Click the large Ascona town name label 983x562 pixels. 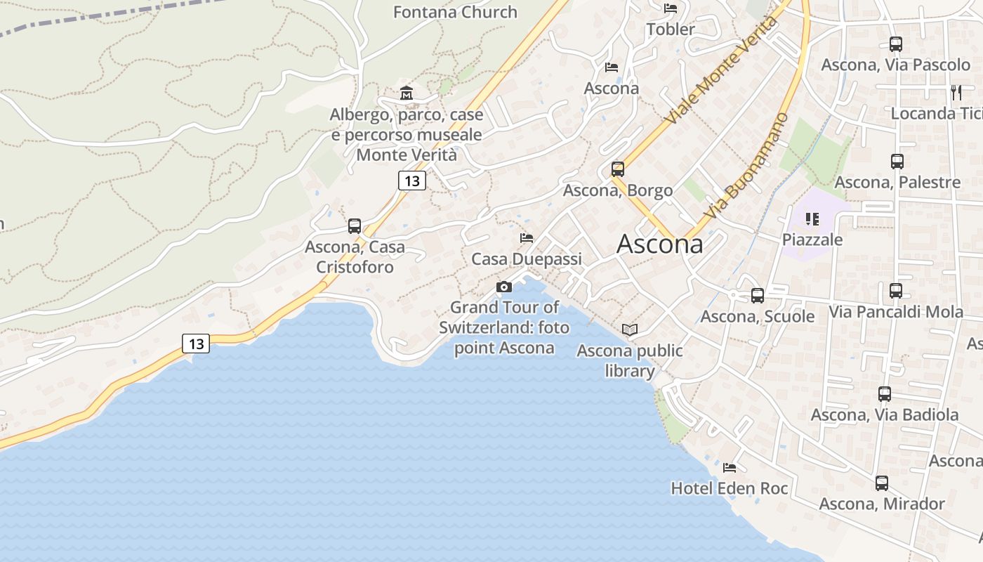point(659,244)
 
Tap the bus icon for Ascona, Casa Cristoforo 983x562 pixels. point(355,226)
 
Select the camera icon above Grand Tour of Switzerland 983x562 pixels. point(503,287)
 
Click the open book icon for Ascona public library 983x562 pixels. point(630,329)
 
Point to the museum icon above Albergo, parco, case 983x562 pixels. point(406,93)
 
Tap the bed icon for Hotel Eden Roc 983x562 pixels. point(730,467)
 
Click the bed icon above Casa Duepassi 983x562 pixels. point(527,238)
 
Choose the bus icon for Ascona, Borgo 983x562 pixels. point(618,169)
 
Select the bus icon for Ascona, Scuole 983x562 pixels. point(757,296)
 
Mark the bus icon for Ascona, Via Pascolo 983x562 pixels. point(896,44)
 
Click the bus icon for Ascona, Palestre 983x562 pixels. point(897,162)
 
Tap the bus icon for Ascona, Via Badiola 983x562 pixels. point(885,394)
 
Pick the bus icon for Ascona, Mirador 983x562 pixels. point(882,483)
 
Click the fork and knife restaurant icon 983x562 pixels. point(956,92)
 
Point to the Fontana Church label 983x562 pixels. point(455,12)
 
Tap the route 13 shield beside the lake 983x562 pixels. point(196,344)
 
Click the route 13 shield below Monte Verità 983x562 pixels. point(412,181)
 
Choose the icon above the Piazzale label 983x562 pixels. point(812,219)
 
